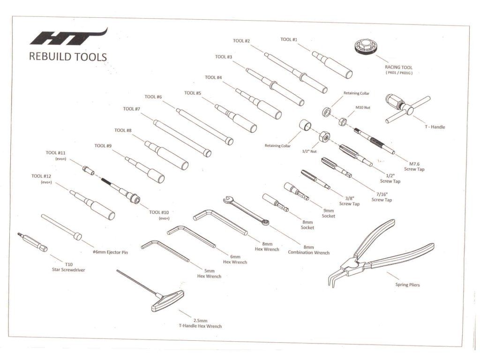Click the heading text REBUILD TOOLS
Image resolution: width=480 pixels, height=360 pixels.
(x=68, y=57)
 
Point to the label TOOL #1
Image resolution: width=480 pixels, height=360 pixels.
(x=289, y=40)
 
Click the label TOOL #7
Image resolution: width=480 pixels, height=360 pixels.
(x=132, y=109)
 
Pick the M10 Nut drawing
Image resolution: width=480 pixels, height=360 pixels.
(x=343, y=122)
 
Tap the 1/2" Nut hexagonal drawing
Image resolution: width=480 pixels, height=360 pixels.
(x=322, y=136)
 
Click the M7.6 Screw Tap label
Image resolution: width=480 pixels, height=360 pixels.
(x=414, y=166)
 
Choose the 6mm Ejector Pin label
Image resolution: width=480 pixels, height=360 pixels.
(x=111, y=253)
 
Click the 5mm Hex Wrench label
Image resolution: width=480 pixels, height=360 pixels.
(x=210, y=274)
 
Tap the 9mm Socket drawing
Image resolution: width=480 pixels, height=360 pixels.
(x=296, y=192)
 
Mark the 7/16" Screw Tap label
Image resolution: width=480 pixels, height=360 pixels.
(x=382, y=197)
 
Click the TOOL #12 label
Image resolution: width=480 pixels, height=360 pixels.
(x=41, y=176)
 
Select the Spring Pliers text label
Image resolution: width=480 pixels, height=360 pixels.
(x=407, y=285)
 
